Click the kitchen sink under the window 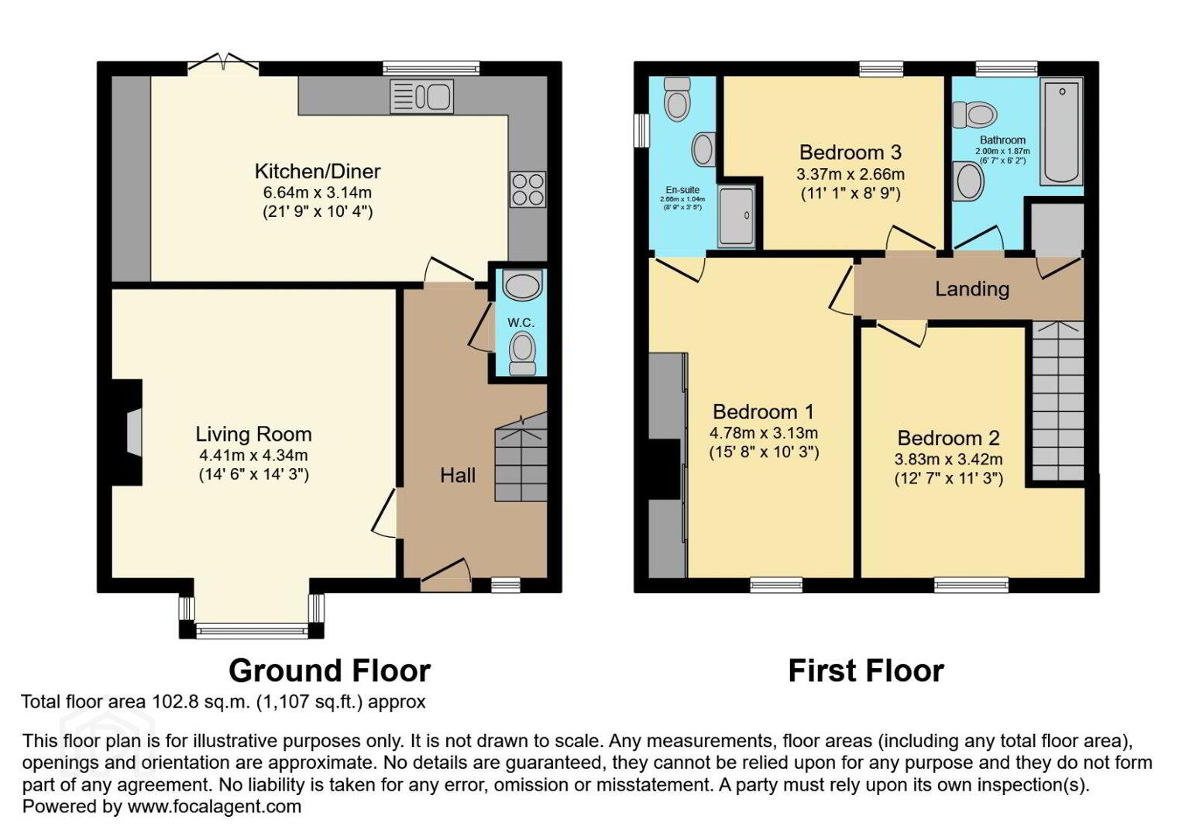[421, 97]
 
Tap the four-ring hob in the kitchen [528, 189]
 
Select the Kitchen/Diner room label [318, 171]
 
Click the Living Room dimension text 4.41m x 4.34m [253, 455]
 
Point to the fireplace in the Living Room [128, 432]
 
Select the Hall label [458, 475]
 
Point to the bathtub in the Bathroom [1061, 132]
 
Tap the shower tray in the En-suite [737, 217]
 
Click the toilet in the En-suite [677, 98]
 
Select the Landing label [971, 289]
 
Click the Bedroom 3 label [851, 153]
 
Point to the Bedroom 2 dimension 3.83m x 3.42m [949, 459]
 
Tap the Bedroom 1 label [764, 412]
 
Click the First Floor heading [866, 671]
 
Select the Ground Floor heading [329, 671]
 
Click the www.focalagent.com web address [214, 806]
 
